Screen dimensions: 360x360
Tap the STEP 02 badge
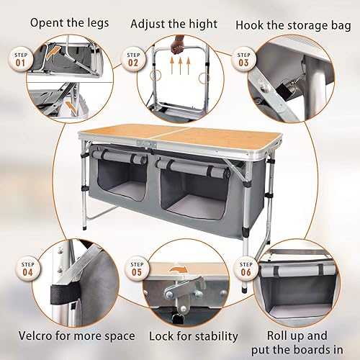[x=134, y=59]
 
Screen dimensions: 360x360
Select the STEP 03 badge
[x=246, y=59]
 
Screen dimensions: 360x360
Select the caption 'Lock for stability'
[x=193, y=336]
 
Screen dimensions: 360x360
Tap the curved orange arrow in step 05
[x=176, y=271]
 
